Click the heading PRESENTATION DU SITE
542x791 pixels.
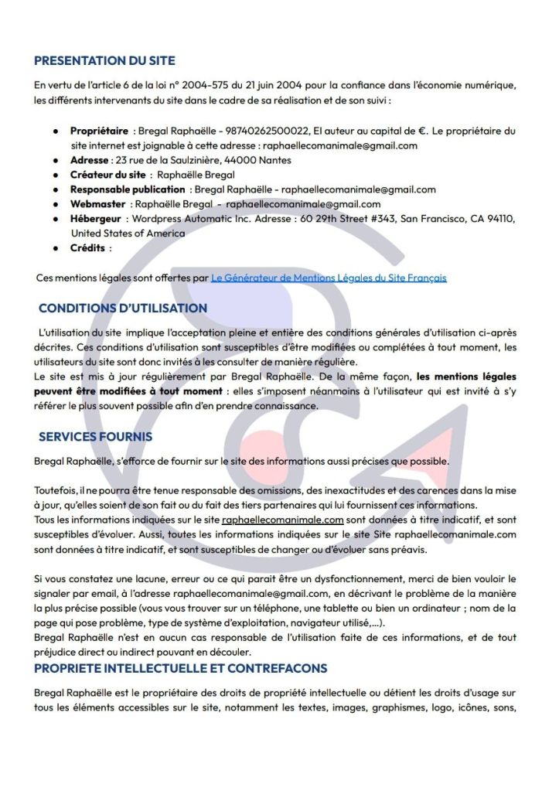pos(104,60)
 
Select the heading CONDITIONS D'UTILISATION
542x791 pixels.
pos(122,308)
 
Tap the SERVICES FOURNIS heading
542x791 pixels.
pos(95,437)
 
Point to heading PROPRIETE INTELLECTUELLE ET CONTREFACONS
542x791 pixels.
pos(180,668)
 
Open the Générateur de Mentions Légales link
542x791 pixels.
pos(329,277)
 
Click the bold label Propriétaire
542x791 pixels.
pos(99,131)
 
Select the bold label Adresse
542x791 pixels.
pos(89,160)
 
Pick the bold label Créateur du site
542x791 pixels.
pos(107,175)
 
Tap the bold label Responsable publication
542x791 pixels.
pos(128,189)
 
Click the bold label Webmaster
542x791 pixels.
pos(97,204)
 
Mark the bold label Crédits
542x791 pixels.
pos(87,248)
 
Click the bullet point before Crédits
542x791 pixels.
pos(56,248)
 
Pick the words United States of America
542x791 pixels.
pos(117,233)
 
